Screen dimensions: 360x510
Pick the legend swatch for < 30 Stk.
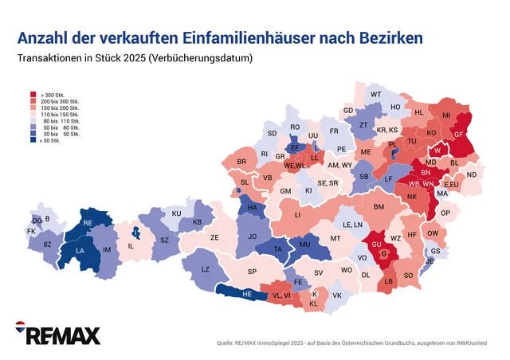[33, 140]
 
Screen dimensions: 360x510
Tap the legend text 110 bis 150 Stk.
[60, 115]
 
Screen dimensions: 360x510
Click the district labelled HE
[248, 294]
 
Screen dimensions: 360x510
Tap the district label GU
[377, 243]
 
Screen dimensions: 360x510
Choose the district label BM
[379, 207]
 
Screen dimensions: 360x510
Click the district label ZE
[214, 237]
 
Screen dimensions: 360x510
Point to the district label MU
[304, 244]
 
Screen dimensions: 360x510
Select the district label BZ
[47, 245]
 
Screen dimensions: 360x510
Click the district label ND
[472, 174]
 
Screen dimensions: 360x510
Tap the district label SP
[252, 272]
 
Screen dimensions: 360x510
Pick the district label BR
[241, 162]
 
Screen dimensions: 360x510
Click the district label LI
[297, 215]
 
